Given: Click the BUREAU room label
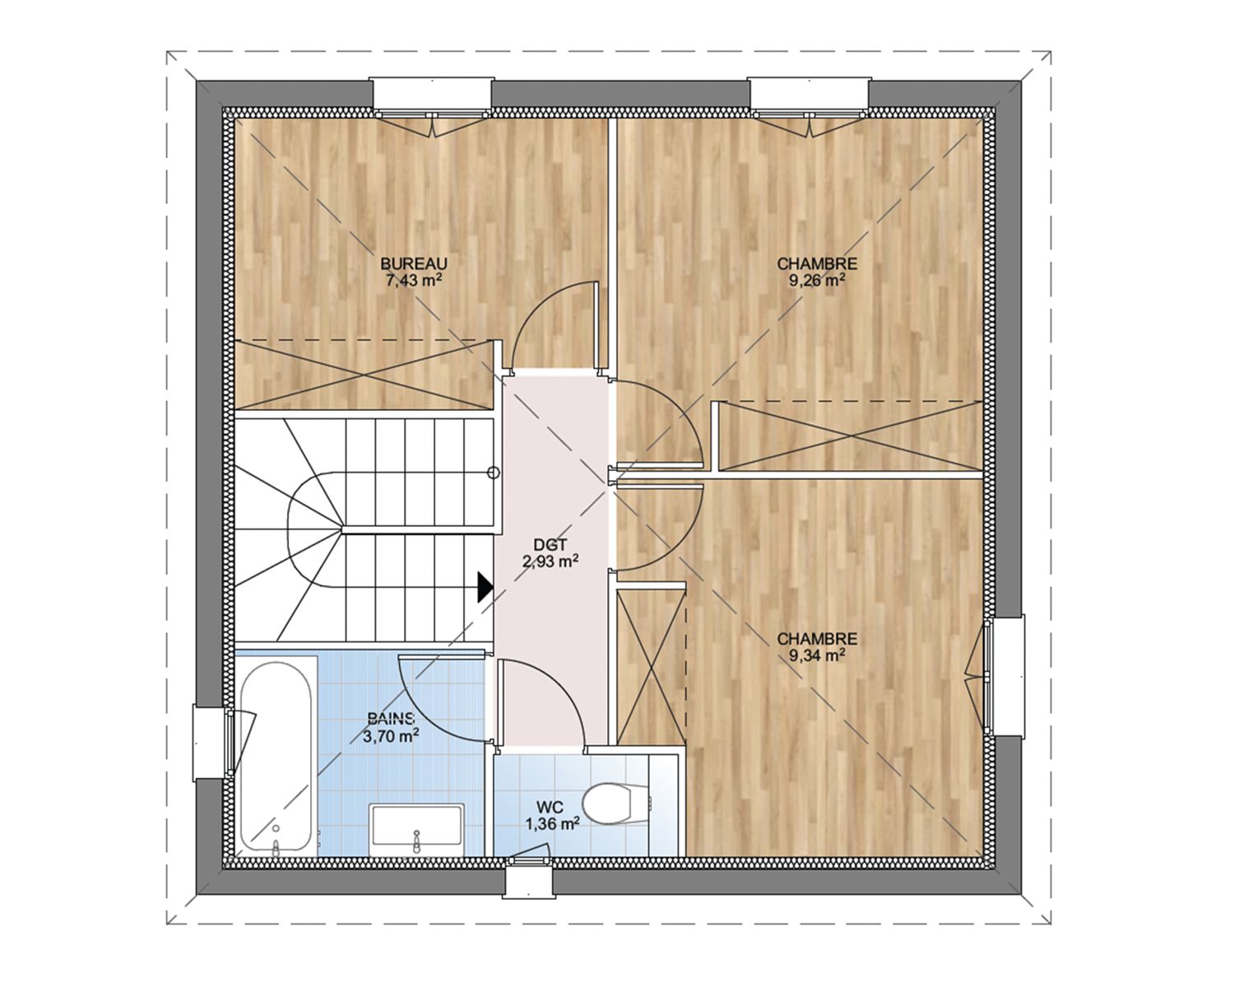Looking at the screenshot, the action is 414,263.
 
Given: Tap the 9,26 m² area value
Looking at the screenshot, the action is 817,280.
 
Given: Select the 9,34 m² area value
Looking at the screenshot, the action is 817,655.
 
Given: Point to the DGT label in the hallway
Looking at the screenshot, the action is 550,544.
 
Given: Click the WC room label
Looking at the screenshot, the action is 551,807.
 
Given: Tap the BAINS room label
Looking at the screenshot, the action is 391,718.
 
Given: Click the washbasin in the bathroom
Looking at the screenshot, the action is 417,830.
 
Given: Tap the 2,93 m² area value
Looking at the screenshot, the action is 550,562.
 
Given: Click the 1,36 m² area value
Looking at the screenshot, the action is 551,824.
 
